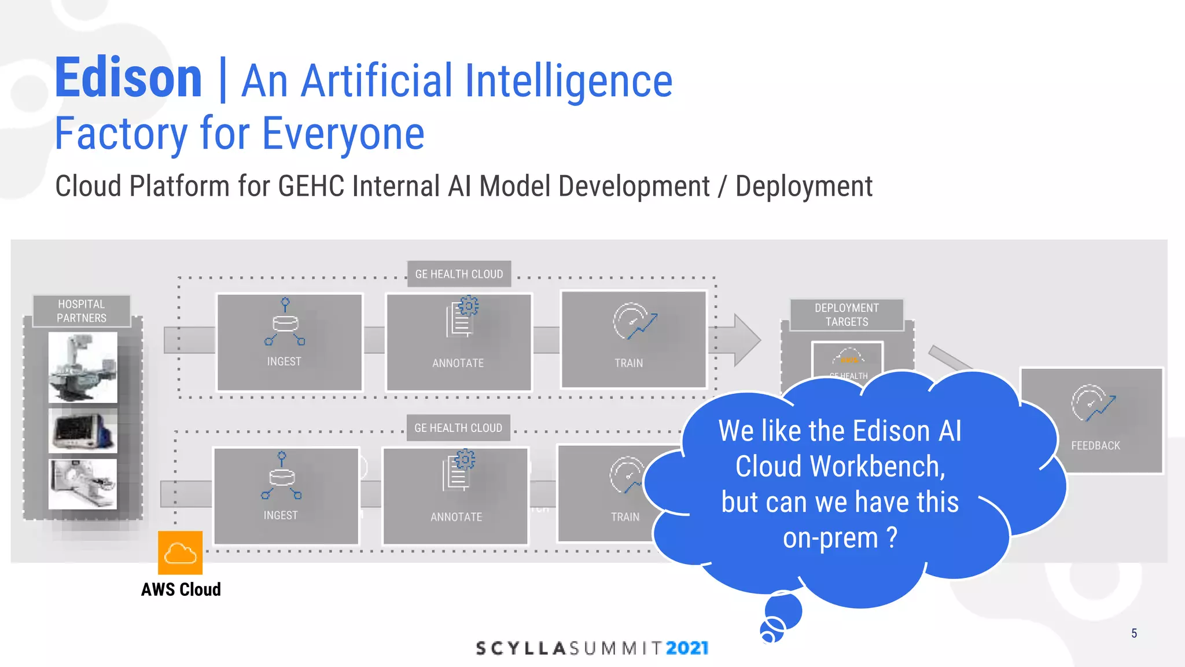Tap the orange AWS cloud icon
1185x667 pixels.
(180, 553)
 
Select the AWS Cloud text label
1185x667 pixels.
(181, 589)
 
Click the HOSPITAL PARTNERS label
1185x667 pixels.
(82, 311)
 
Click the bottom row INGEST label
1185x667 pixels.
(281, 515)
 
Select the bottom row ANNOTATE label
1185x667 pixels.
(456, 517)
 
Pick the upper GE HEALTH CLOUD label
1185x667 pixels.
(459, 274)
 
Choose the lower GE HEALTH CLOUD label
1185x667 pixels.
(458, 428)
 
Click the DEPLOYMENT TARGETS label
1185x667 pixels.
(847, 315)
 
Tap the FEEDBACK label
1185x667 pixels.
(1095, 446)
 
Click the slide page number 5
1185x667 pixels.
(1134, 633)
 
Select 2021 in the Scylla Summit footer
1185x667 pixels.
(687, 648)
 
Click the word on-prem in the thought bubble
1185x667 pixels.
(830, 538)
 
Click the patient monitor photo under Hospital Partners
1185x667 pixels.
(83, 430)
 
